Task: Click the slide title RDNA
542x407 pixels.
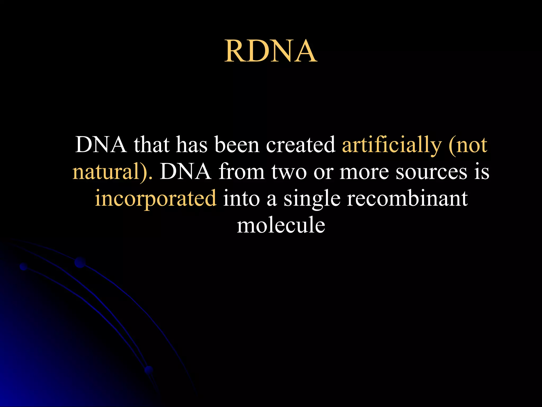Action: (271, 51)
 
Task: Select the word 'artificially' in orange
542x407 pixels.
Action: (392, 145)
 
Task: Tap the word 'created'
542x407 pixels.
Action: (301, 145)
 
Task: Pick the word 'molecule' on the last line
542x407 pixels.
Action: (281, 225)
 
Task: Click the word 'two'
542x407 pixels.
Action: (289, 172)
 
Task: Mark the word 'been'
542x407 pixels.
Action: (237, 145)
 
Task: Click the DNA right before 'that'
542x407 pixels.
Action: (101, 145)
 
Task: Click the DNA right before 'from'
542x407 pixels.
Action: (186, 172)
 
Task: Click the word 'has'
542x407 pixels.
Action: (192, 145)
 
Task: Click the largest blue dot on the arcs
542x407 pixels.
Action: (80, 262)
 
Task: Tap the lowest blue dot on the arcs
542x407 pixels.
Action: (149, 370)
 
